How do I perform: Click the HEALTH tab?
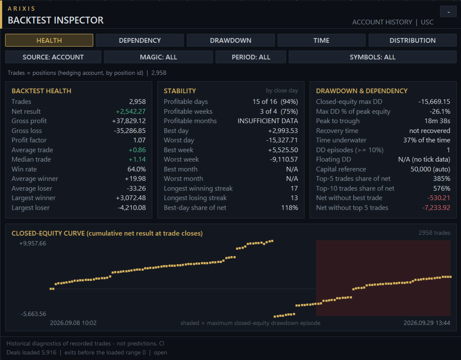(49, 40)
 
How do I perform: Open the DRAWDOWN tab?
(230, 40)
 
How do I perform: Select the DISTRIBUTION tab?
(413, 40)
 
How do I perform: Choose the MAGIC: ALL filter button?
(159, 57)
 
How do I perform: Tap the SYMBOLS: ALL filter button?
(372, 57)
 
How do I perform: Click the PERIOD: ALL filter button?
(251, 57)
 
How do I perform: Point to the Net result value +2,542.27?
(130, 112)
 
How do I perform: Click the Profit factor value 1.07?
(139, 140)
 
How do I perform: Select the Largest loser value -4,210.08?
(132, 208)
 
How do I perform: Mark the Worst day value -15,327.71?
(282, 140)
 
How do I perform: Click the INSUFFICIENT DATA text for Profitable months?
(268, 121)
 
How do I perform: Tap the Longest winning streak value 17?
(294, 189)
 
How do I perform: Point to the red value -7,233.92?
(436, 208)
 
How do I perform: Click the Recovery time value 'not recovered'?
(429, 131)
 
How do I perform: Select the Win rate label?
(24, 169)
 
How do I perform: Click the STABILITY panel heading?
(180, 91)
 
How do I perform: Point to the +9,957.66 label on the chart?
(33, 243)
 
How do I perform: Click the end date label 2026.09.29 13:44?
(427, 323)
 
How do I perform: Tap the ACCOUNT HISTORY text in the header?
(382, 22)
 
